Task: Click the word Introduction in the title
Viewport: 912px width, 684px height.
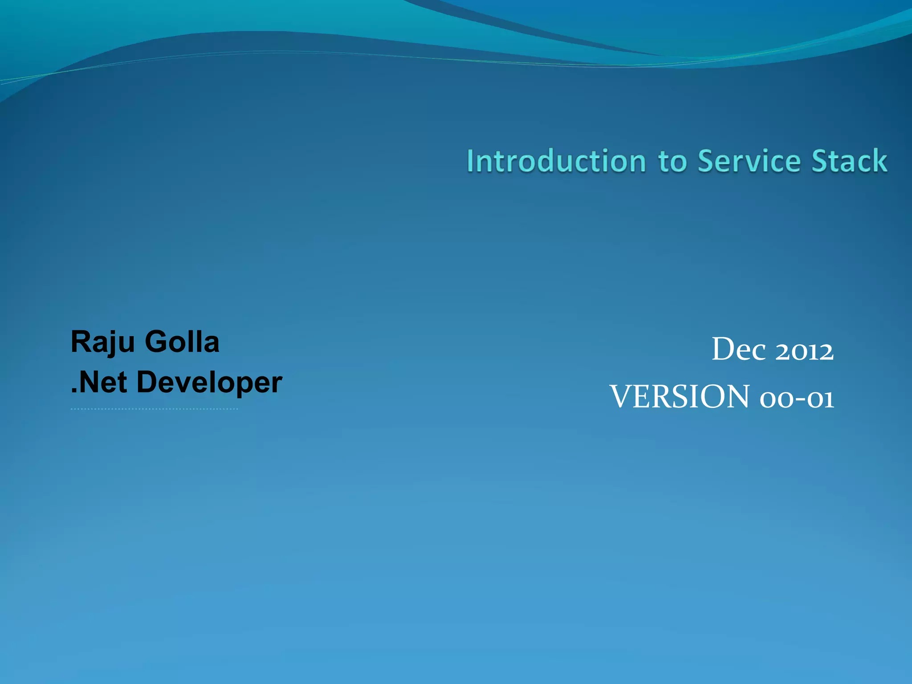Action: click(556, 161)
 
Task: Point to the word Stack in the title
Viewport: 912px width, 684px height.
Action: click(849, 161)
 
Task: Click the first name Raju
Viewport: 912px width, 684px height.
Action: click(102, 342)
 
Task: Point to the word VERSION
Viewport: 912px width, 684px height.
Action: click(680, 397)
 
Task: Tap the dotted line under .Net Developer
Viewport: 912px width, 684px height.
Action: click(154, 409)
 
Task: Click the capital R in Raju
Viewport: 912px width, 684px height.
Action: click(81, 342)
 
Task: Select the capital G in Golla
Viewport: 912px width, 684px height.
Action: click(156, 342)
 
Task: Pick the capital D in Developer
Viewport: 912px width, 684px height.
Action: click(147, 382)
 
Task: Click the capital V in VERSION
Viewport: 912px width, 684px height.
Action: click(621, 396)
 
